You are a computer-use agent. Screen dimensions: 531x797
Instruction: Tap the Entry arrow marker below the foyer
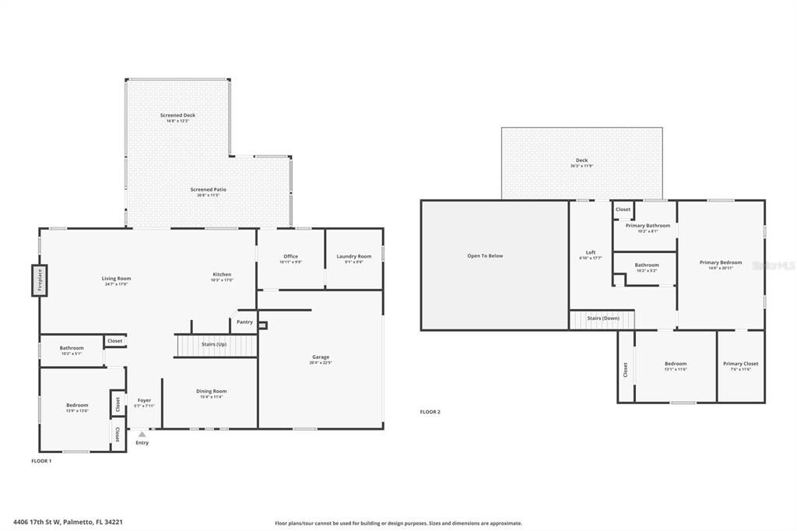[x=142, y=434]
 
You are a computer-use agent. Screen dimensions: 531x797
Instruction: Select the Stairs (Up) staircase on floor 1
[x=214, y=344]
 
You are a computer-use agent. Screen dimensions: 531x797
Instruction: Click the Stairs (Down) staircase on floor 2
[x=602, y=318]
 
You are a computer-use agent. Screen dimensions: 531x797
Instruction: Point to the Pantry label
[x=244, y=322]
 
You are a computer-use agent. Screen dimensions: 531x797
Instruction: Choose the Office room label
[x=290, y=256]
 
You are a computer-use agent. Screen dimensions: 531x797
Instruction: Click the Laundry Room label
[x=353, y=256]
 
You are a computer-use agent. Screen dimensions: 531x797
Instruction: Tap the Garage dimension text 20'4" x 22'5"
[x=321, y=363]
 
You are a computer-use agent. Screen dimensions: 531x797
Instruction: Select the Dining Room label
[x=211, y=391]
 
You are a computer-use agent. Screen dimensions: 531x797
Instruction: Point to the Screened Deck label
[x=177, y=115]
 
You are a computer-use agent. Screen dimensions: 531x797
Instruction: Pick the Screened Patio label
[x=209, y=189]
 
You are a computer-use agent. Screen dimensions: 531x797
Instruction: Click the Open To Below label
[x=485, y=255]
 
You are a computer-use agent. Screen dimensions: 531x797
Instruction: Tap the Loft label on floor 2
[x=591, y=252]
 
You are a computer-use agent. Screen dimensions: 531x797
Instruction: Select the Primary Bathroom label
[x=648, y=225]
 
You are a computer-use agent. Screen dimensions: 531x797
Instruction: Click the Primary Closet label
[x=740, y=364]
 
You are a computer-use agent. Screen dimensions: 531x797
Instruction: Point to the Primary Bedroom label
[x=721, y=262]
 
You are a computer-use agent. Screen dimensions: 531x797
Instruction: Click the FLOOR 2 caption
[x=430, y=412]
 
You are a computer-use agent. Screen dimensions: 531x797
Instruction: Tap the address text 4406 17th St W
[x=46, y=522]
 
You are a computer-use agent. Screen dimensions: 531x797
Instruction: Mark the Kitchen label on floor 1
[x=223, y=274]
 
